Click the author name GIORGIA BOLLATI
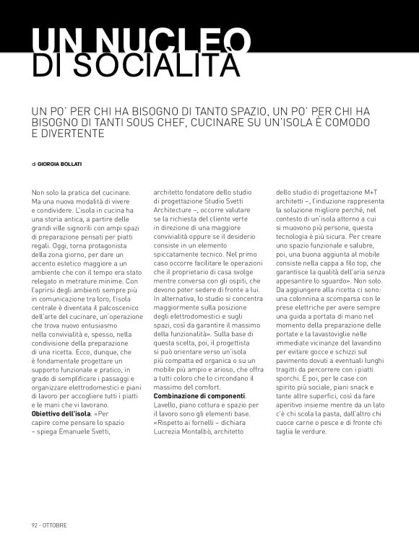[61, 164]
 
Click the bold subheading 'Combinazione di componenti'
[199, 396]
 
